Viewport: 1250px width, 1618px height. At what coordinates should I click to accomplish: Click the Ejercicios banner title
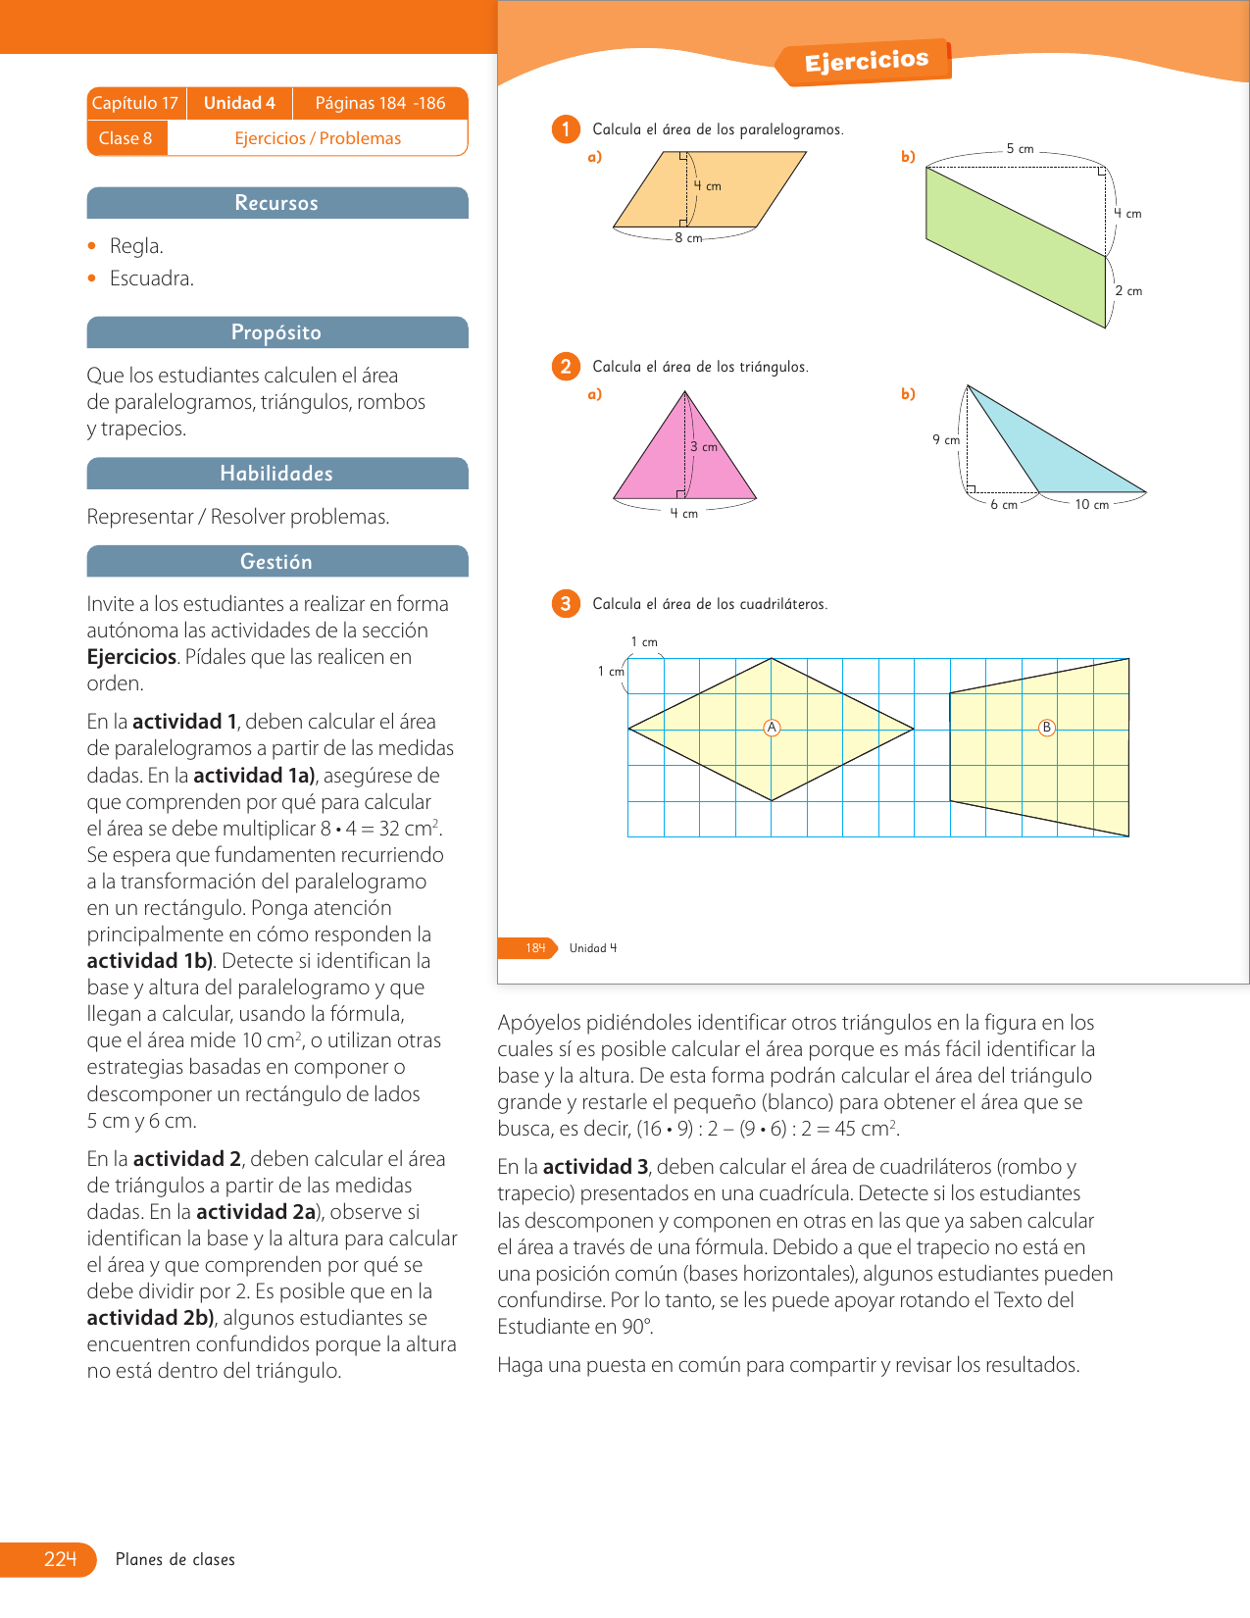866,62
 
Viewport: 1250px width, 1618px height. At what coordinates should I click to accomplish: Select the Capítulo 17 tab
135,103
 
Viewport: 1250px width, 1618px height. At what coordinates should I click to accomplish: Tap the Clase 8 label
125,138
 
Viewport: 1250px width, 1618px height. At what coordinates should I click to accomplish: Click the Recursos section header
276,203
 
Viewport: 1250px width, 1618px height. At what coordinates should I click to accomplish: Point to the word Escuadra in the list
151,278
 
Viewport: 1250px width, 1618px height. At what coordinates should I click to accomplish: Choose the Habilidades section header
276,474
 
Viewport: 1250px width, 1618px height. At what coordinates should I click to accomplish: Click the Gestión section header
276,562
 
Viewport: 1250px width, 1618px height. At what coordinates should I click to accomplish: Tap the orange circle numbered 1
566,129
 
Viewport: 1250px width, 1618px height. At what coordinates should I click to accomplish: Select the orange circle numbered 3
566,604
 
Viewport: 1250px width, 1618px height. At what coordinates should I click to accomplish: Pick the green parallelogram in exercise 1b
1015,245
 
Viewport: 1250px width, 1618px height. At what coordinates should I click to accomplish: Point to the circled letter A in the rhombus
772,728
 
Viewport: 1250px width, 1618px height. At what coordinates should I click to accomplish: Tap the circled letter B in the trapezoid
1047,728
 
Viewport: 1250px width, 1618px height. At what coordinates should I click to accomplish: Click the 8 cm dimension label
688,238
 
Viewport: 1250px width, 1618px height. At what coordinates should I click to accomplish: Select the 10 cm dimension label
1091,505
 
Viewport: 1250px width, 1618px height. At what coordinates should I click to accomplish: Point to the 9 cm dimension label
946,440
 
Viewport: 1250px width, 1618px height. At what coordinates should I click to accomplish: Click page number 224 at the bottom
60,1559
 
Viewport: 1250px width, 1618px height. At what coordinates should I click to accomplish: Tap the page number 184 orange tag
534,948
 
